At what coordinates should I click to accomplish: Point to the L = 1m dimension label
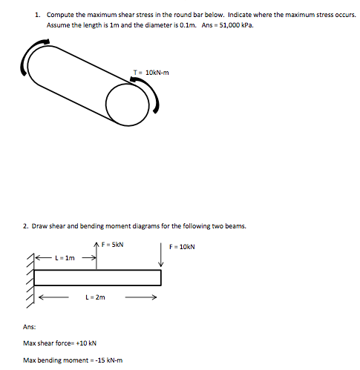click(x=65, y=258)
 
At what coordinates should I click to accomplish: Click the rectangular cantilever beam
click(x=97, y=277)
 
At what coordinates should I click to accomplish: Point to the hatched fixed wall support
click(x=30, y=278)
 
